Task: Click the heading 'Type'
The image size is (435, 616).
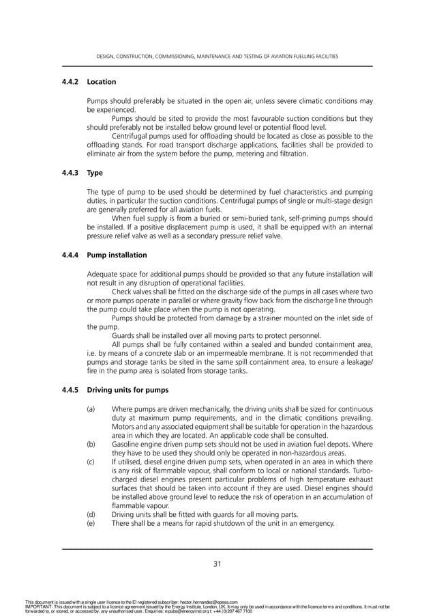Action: pos(95,173)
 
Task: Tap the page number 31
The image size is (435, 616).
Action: pos(217,563)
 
